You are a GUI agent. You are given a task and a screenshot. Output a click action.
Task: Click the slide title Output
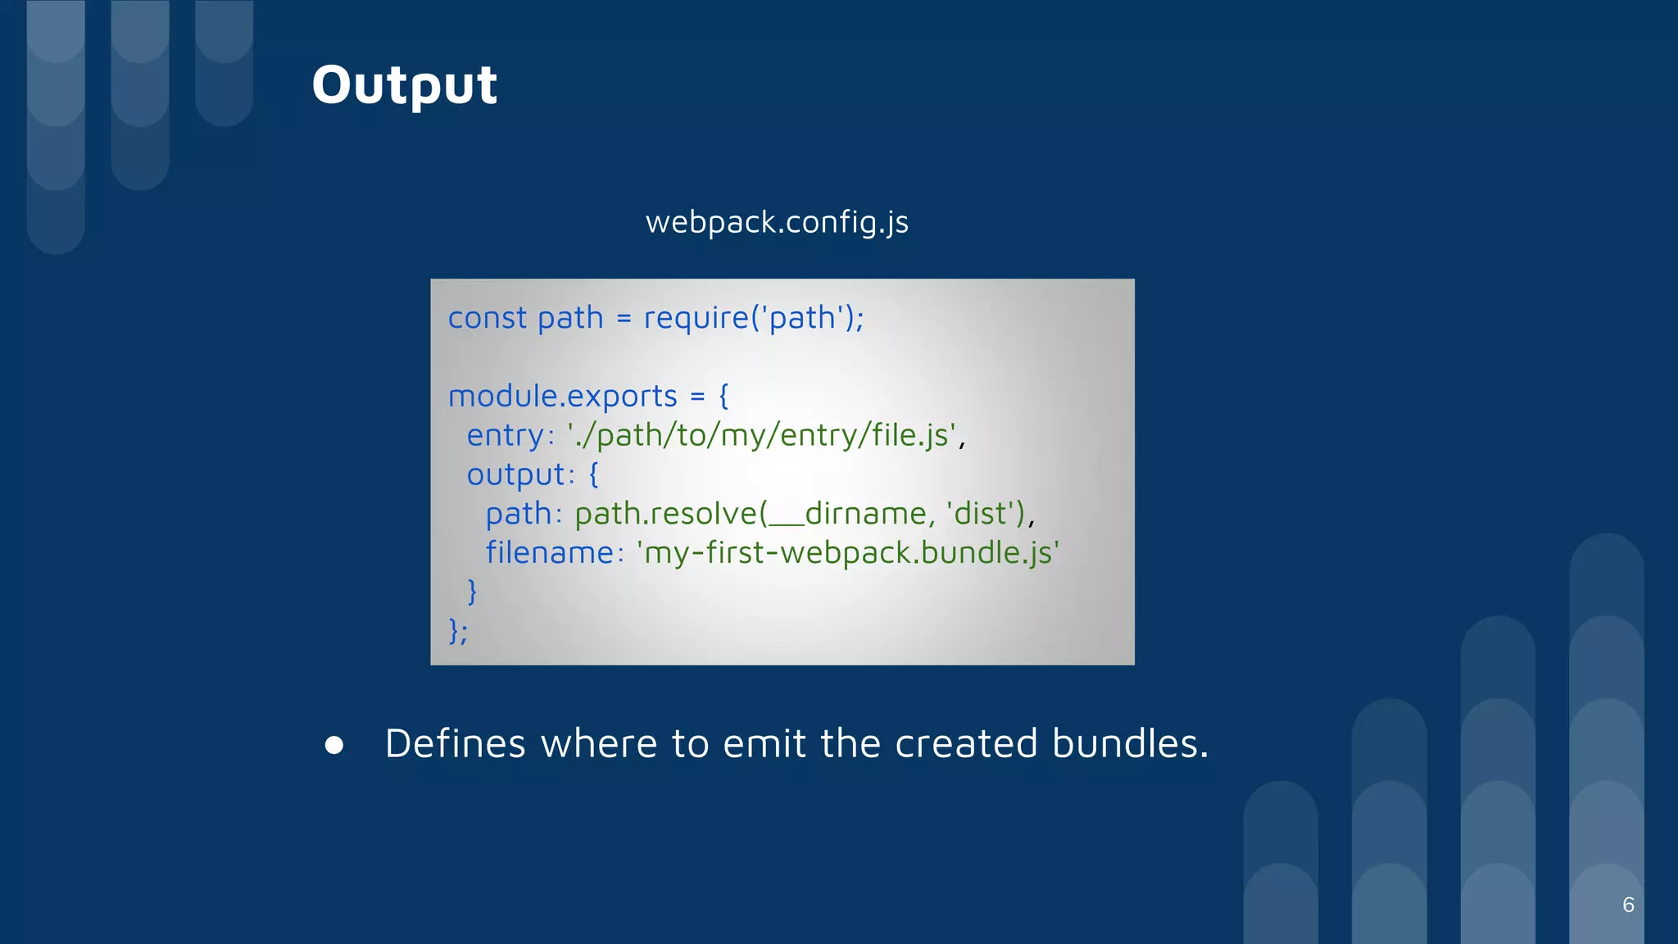404,84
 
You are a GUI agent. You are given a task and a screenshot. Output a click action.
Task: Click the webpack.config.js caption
777,222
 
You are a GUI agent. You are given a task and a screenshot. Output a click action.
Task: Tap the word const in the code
487,318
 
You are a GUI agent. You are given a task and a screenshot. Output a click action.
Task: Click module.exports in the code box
562,397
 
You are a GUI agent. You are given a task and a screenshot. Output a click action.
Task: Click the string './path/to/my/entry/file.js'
761,435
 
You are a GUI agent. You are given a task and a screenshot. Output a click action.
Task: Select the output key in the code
515,475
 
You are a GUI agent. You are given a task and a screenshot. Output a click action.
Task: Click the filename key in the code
549,553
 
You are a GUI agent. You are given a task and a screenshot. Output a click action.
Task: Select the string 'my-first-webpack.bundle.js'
848,553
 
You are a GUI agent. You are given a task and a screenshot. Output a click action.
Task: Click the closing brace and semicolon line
458,631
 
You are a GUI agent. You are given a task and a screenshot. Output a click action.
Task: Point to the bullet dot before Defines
334,745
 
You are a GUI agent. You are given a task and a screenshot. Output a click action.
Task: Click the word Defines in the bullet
455,744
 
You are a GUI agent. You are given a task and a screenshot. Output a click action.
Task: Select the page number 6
1628,905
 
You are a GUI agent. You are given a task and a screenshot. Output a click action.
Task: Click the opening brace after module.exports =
723,397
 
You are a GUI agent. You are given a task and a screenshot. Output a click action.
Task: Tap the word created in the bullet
965,744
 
